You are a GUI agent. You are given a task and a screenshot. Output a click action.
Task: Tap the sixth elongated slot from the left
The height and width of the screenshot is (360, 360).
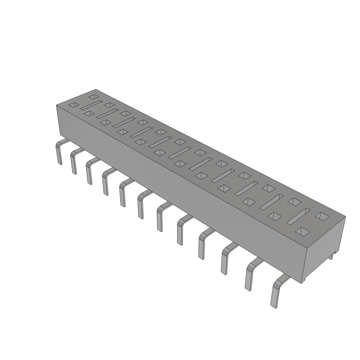click(179, 152)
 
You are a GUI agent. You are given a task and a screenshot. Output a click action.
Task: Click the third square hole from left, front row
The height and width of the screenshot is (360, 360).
click(105, 122)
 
